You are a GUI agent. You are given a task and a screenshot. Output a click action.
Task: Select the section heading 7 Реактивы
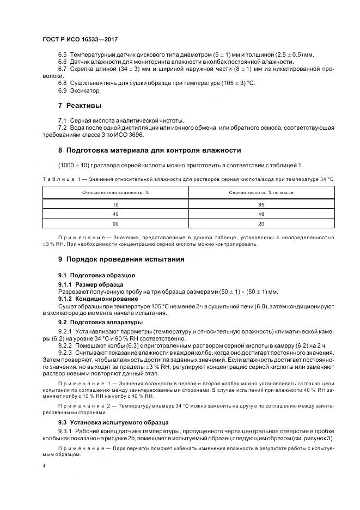tap(80, 105)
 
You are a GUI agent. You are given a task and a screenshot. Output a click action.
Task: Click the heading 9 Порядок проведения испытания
tap(121, 259)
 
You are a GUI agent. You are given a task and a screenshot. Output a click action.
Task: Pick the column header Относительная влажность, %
tap(115, 192)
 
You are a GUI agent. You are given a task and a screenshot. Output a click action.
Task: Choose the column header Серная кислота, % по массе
tap(261, 192)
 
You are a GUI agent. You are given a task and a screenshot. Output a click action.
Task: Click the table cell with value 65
tap(261, 204)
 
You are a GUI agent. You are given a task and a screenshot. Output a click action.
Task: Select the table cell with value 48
tap(261, 214)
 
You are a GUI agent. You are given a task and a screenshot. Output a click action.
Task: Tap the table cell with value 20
tap(261, 224)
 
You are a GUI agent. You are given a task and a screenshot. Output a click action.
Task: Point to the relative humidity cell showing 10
tap(115, 204)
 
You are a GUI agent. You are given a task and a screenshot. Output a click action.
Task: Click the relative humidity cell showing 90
tap(115, 224)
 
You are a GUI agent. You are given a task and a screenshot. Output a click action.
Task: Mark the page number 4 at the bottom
tap(44, 466)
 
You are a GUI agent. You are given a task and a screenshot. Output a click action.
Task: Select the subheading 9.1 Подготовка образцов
tap(93, 275)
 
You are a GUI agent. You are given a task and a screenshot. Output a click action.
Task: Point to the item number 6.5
tap(62, 54)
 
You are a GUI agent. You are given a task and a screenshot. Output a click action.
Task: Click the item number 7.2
tap(62, 127)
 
